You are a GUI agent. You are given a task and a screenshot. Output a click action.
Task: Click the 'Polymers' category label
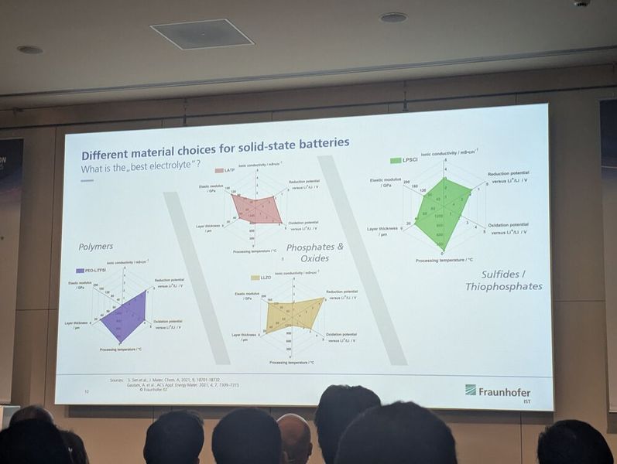click(95, 247)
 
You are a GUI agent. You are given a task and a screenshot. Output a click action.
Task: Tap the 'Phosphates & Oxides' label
click(314, 252)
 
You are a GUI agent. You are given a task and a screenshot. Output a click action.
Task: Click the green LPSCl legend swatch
click(396, 161)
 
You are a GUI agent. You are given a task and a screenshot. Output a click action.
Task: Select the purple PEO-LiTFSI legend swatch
click(80, 271)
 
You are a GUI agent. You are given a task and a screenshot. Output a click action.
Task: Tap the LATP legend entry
click(225, 170)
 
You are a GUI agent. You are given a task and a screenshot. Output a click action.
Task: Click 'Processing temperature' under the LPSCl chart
click(444, 261)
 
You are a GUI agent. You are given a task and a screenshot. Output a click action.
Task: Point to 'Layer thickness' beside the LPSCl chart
click(382, 229)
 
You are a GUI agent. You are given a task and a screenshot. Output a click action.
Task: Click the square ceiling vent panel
click(201, 33)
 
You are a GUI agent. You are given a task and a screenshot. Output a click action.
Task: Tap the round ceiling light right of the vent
click(393, 17)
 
